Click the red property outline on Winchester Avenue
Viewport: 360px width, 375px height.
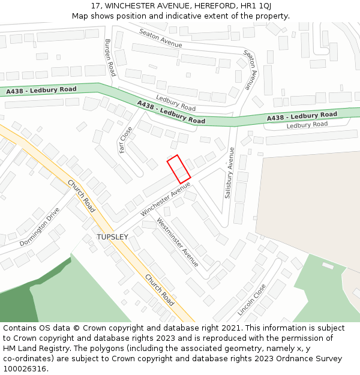[178, 169]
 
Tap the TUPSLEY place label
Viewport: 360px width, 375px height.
[112, 237]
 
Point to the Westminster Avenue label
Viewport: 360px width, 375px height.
[178, 242]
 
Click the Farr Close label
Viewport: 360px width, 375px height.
[125, 139]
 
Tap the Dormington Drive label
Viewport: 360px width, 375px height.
[40, 227]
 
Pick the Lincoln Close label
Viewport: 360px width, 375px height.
[251, 299]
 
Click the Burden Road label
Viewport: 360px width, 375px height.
[110, 57]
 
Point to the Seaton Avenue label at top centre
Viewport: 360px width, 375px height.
[160, 38]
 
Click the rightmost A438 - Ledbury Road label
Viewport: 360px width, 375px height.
[302, 116]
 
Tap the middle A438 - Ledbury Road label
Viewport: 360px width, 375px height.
[171, 112]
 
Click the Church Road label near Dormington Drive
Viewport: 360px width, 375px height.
[81, 196]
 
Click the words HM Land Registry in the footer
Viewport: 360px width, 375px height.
[31, 348]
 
